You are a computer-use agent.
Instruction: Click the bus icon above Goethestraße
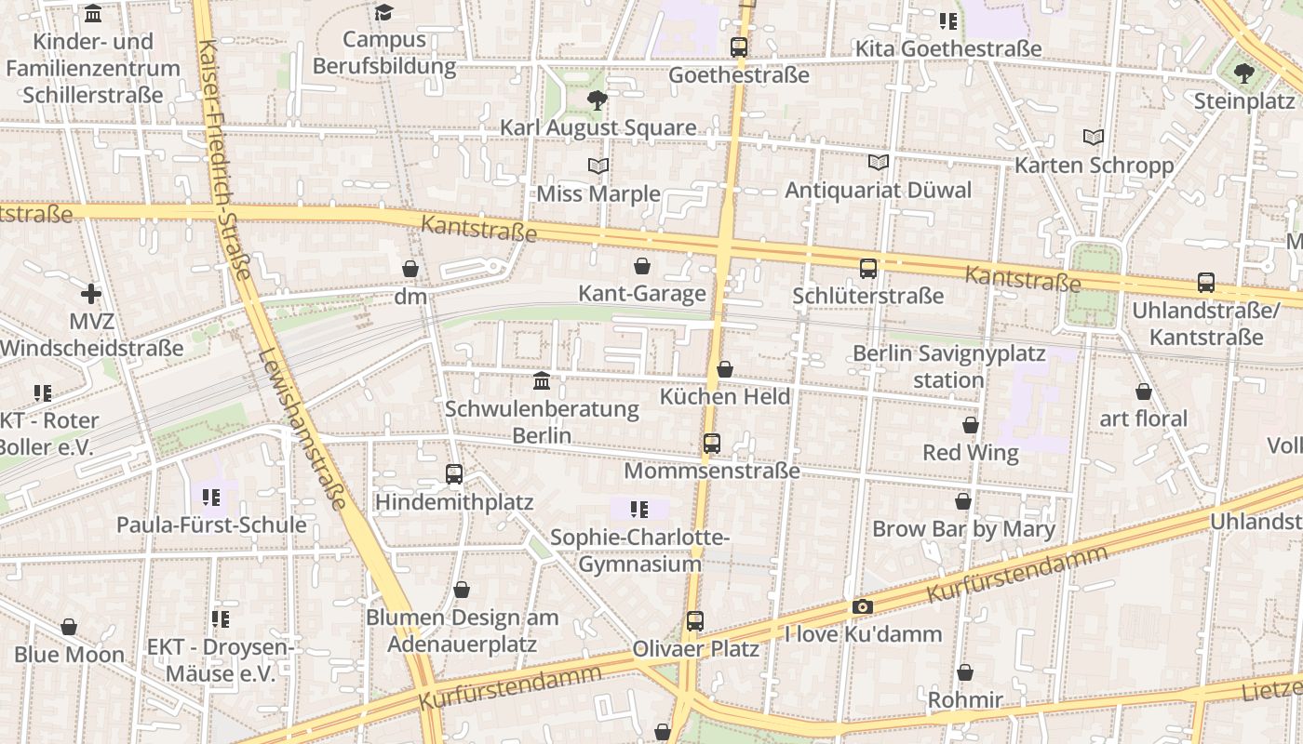(739, 46)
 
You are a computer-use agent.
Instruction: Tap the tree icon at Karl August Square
(598, 100)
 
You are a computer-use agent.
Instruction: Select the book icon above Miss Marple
(598, 166)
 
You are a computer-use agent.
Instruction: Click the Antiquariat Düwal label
(878, 191)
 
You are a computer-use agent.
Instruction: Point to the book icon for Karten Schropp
(1094, 138)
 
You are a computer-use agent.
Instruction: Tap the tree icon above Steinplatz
(1244, 73)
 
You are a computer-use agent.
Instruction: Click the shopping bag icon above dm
(410, 269)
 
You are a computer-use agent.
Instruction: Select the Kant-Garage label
(642, 294)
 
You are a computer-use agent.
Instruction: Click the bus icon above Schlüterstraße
(868, 269)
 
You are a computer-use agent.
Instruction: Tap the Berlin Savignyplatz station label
(948, 366)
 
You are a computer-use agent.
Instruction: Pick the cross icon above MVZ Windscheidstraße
(91, 294)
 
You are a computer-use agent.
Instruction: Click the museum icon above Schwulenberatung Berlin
(542, 380)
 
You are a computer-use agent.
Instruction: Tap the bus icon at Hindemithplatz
(454, 474)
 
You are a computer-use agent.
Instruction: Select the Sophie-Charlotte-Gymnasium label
(639, 551)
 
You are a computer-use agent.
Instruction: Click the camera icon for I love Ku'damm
(863, 607)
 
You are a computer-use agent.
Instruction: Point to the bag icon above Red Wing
(971, 425)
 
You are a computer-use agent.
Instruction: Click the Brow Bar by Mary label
(963, 530)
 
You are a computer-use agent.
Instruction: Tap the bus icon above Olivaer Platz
(695, 621)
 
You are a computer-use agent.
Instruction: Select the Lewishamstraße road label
(304, 428)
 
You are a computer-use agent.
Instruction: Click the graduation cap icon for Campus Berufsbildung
(384, 12)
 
